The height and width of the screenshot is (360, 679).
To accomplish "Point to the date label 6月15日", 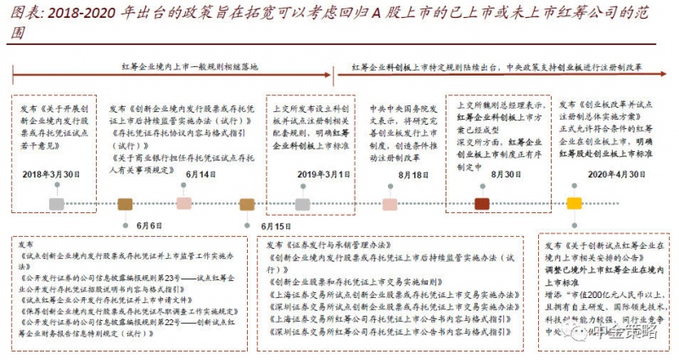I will click(275, 227).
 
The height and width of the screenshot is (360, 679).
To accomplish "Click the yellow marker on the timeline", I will click(575, 204).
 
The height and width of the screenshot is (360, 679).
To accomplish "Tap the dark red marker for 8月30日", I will click(481, 204).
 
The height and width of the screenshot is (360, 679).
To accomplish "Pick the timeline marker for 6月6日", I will click(125, 204).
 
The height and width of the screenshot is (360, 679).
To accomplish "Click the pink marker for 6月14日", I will click(183, 204).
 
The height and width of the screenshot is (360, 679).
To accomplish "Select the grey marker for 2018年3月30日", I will click(56, 204).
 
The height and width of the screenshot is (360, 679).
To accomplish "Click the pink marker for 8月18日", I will click(390, 204).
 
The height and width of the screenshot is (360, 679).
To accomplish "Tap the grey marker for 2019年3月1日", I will click(302, 204).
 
